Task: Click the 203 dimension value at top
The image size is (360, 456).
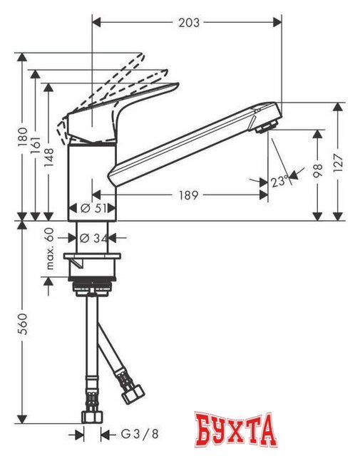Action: [188, 23]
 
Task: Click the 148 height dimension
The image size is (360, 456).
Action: [48, 150]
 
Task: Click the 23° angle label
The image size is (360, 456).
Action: [279, 182]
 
